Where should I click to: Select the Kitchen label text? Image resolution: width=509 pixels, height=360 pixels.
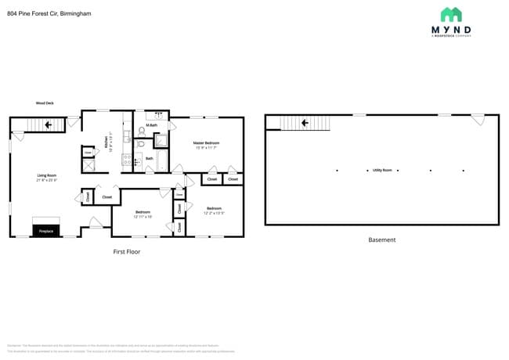point(107,142)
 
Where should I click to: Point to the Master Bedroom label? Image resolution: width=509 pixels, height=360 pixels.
point(207,143)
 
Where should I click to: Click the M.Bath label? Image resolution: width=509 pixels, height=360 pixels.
point(150,125)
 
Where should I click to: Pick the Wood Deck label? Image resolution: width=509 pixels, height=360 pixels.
point(44,103)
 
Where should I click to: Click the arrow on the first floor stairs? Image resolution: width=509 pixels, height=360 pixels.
point(49,124)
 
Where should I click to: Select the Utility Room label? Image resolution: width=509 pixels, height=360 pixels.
point(382,170)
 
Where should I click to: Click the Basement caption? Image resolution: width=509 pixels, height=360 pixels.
point(382,239)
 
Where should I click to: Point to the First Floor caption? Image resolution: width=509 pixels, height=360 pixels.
point(126,252)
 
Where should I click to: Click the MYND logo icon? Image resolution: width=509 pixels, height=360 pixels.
point(450,14)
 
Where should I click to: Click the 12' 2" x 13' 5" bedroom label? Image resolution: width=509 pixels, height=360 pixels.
point(215,210)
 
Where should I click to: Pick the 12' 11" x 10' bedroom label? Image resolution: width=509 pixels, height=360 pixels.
point(143,214)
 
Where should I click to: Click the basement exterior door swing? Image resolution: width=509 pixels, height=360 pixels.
point(477,120)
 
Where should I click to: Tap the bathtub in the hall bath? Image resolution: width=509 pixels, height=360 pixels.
point(161,160)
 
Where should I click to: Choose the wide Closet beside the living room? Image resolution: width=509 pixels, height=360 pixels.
point(106,197)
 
